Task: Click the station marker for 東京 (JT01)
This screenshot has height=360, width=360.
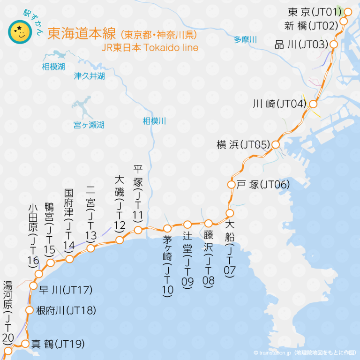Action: [348, 11]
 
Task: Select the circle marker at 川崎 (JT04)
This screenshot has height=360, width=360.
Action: [314, 104]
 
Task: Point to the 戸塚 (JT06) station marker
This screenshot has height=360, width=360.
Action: [231, 185]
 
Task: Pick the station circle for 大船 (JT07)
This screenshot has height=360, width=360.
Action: [230, 214]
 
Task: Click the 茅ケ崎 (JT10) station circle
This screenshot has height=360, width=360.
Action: [167, 228]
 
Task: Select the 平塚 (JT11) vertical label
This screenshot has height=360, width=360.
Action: [138, 193]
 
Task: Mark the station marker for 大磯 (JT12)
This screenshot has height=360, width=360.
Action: [120, 240]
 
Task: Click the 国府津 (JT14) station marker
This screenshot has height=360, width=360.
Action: [69, 259]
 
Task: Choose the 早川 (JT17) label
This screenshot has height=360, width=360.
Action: [66, 290]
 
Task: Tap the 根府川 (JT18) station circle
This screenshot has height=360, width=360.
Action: [29, 310]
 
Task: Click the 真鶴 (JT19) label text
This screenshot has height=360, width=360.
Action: [58, 345]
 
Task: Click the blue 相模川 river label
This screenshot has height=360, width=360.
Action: [155, 121]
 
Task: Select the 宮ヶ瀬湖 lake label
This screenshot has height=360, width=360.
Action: [89, 125]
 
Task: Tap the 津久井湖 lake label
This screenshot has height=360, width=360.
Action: [89, 76]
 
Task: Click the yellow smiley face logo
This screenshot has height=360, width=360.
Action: [20, 31]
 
